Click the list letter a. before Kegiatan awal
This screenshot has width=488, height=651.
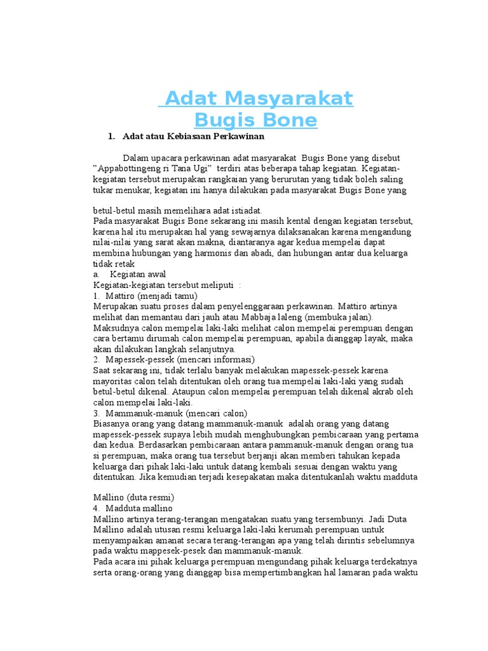point(97,274)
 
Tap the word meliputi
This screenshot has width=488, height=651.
point(215,285)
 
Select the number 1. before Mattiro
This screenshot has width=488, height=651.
point(97,296)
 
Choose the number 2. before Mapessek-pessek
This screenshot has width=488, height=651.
point(97,359)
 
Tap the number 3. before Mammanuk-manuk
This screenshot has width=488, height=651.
point(97,413)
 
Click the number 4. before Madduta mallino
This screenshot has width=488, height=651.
point(97,509)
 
